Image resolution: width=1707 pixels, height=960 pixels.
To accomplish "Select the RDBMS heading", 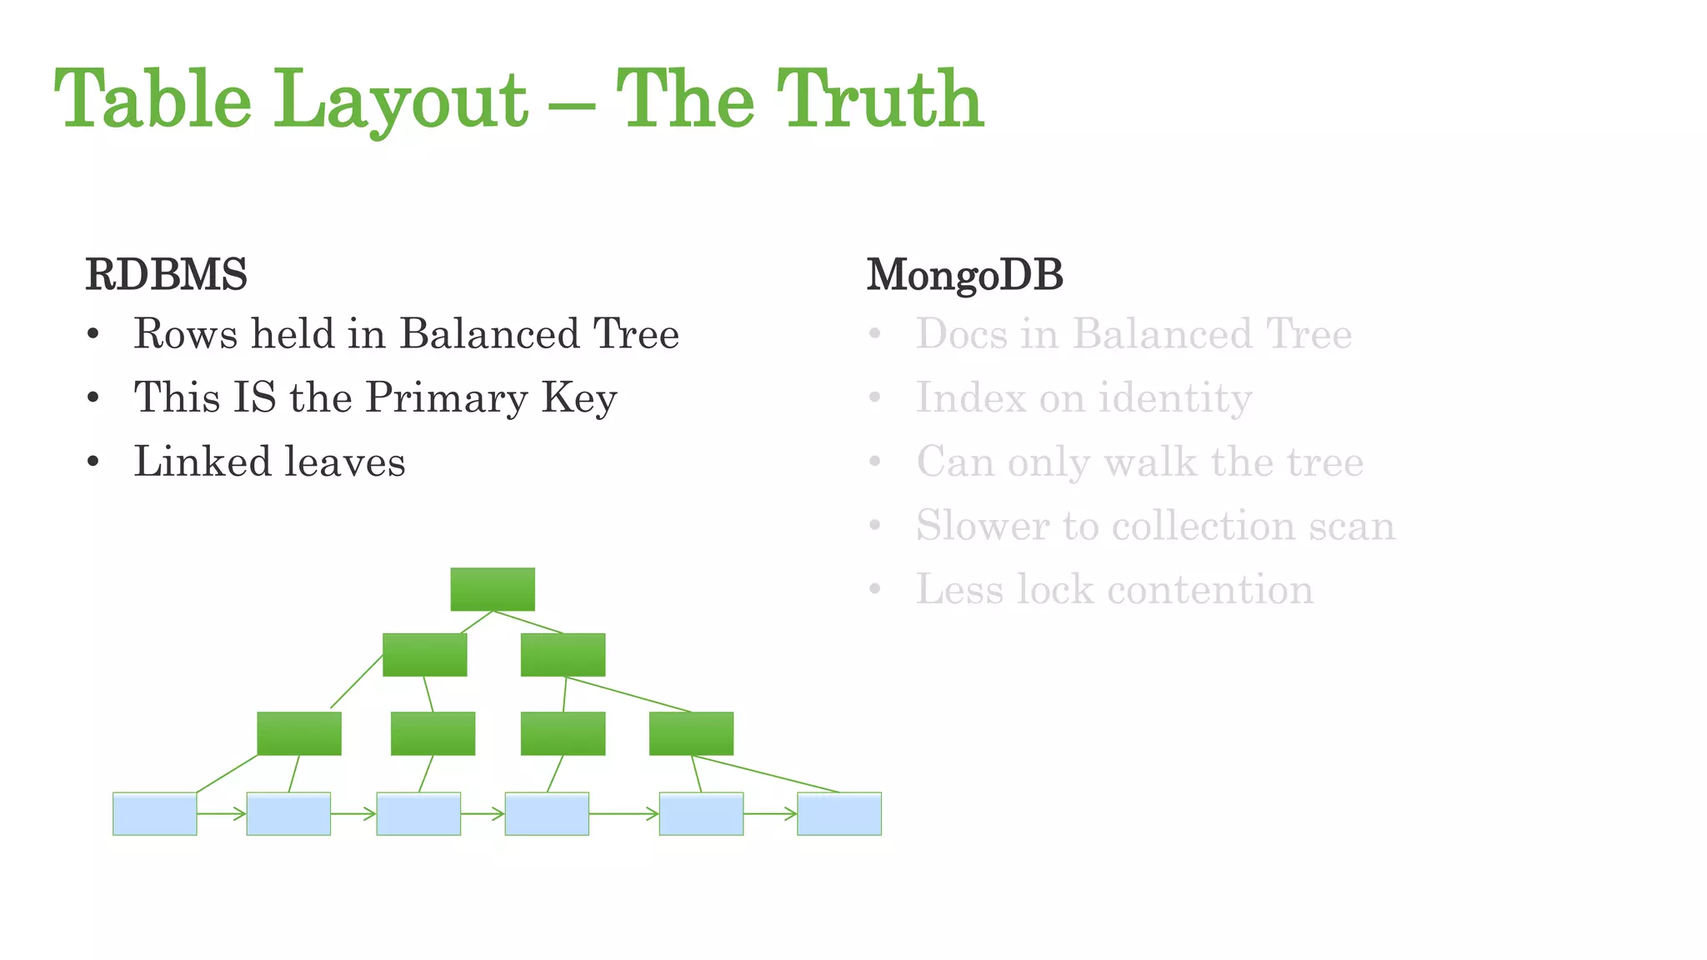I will (167, 275).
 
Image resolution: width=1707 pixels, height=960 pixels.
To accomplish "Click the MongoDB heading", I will (965, 275).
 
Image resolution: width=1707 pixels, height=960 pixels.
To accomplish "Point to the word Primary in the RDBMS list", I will (447, 398).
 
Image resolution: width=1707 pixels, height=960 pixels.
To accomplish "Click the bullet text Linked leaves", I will (269, 462).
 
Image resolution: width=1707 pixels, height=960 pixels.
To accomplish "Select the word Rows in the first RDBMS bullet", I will (185, 334).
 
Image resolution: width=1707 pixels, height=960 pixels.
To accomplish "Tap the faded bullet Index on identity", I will (1084, 398).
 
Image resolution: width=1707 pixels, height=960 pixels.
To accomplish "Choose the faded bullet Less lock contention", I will (1114, 590).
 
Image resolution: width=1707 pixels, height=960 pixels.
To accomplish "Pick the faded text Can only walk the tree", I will (1139, 462).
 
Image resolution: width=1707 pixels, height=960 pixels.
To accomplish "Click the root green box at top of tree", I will (493, 589).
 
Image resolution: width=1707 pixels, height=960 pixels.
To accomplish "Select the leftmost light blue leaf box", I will (155, 813).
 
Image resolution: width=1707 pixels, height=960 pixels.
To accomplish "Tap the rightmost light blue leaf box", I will (839, 813).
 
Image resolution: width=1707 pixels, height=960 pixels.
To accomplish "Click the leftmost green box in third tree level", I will (299, 733).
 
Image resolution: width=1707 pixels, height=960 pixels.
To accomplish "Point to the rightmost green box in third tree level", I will (691, 733).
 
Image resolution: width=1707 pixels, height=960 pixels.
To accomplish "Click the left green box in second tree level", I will (425, 654).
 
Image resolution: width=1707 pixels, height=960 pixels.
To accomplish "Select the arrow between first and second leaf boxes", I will (222, 813).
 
